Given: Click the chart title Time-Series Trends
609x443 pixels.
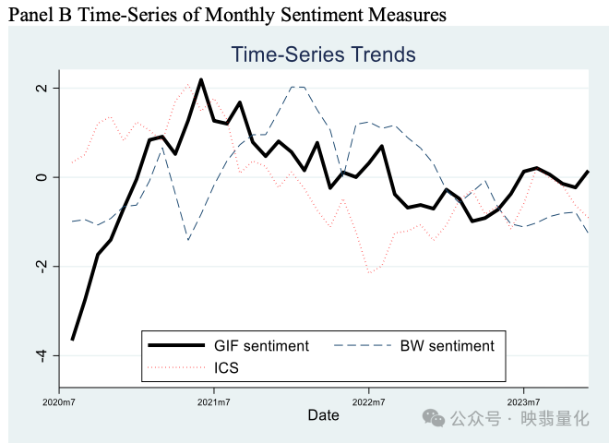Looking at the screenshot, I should point(323,54).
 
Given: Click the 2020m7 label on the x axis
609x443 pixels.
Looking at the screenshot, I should point(59,401).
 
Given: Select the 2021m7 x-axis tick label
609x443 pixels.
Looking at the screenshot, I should point(214,401).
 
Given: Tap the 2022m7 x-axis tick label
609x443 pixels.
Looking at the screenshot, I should point(369,401).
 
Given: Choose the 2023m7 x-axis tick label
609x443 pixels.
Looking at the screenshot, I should point(524,401).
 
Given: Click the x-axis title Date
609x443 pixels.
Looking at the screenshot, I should point(323,416).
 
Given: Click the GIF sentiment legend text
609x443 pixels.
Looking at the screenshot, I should point(262,346).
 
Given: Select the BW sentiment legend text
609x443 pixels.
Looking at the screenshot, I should point(447,346).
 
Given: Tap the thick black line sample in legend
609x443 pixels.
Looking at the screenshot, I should point(176,346).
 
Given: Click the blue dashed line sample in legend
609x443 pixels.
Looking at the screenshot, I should point(361,346).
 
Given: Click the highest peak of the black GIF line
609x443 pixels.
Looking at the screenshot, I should point(201,80).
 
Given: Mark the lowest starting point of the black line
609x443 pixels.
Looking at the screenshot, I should point(72,340).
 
